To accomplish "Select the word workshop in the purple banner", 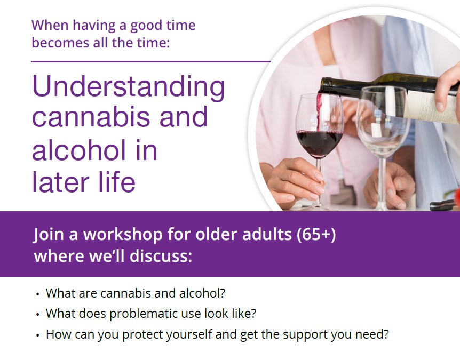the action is coord(123,235).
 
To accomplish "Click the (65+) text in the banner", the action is coord(316,235).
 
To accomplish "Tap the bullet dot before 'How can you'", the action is coord(37,335).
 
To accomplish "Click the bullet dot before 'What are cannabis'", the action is coord(37,294).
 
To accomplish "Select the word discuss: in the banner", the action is coord(161,255).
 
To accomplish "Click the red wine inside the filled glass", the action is coord(319,143).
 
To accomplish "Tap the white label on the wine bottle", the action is coord(431,106).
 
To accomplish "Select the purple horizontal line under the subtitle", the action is coord(151,61).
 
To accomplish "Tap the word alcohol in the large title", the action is coord(78,150).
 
